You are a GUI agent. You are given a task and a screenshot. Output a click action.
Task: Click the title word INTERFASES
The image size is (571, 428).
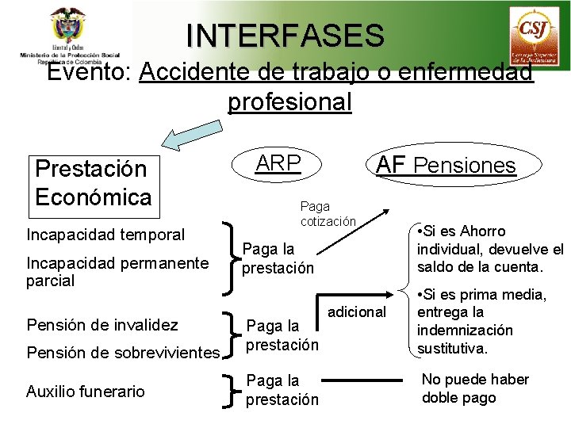pyautogui.click(x=285, y=35)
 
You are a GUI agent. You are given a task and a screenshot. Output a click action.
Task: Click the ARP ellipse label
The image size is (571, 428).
pyautogui.click(x=278, y=163)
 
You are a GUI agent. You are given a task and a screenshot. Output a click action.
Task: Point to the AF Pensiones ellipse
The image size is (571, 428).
pyautogui.click(x=446, y=165)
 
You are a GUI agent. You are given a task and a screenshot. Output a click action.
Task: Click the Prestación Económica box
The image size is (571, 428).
pyautogui.click(x=92, y=182)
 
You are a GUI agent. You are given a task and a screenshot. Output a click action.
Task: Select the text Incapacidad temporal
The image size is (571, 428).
pyautogui.click(x=105, y=235)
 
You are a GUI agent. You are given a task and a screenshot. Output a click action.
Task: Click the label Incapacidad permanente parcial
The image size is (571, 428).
pyautogui.click(x=117, y=271)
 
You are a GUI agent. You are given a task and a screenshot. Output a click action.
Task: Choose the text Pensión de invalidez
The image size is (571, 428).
pyautogui.click(x=102, y=324)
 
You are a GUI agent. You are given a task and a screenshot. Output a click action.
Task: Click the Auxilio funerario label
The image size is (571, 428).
pyautogui.click(x=86, y=391)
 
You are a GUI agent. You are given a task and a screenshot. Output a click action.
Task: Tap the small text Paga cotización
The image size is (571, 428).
pyautogui.click(x=328, y=214)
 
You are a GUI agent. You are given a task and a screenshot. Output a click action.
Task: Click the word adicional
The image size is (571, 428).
pyautogui.click(x=356, y=311)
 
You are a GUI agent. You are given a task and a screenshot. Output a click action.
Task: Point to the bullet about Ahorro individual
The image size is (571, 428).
pyautogui.click(x=489, y=249)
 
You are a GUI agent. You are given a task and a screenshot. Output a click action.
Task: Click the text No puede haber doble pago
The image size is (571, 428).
pyautogui.click(x=474, y=388)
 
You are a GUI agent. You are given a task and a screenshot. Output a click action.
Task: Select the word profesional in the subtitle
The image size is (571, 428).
pyautogui.click(x=289, y=102)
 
